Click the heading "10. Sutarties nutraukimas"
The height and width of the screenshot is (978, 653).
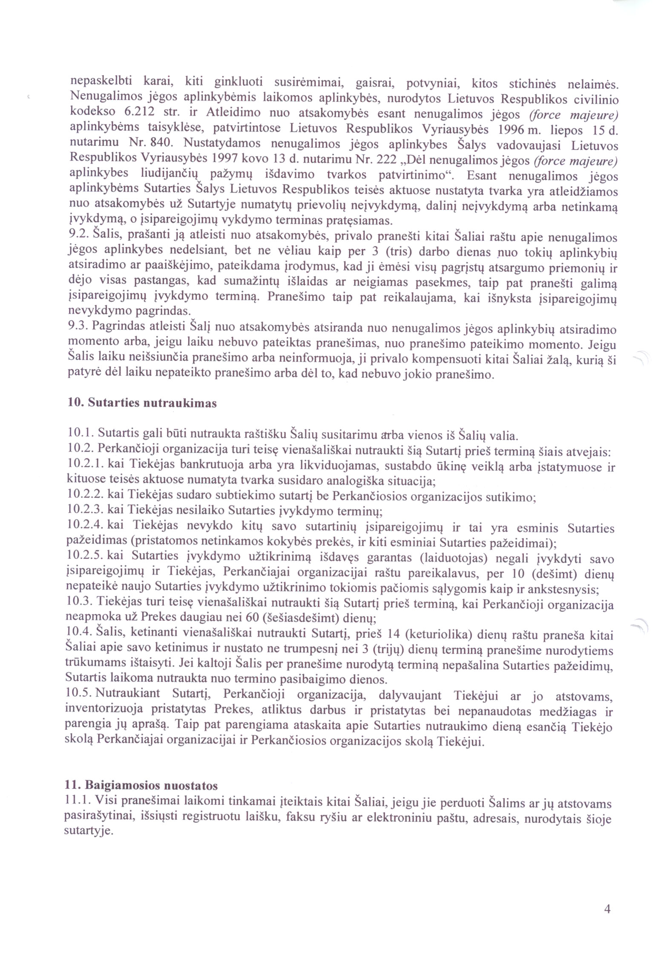point(142,403)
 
